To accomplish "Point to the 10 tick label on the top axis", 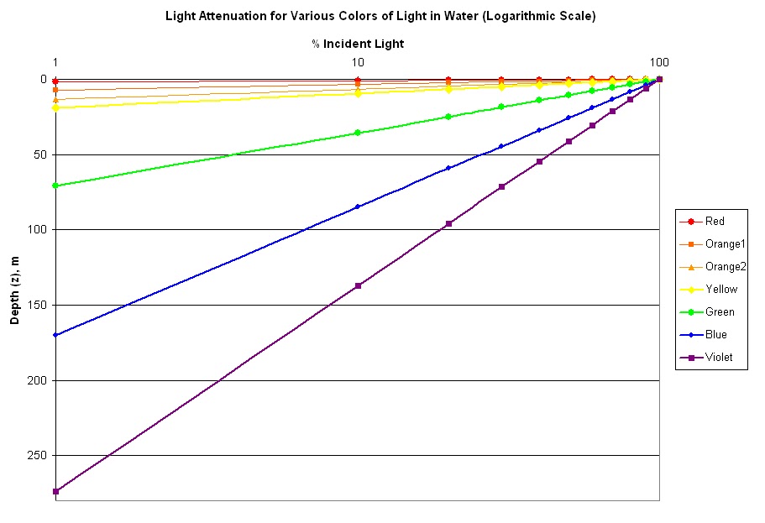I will pos(358,62).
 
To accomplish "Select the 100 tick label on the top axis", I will pos(659,62).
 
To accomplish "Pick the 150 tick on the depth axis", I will pos(39,306).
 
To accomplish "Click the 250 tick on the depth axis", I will pos(39,456).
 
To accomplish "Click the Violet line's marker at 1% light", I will pos(55,492).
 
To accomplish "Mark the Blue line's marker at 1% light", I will pos(55,335).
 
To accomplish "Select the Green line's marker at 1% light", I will pos(55,186).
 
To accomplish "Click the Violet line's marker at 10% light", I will pos(358,286).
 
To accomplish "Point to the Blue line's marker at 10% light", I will pos(358,207).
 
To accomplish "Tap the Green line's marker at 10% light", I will pos(358,133).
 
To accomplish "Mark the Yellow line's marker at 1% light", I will pos(55,107).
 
